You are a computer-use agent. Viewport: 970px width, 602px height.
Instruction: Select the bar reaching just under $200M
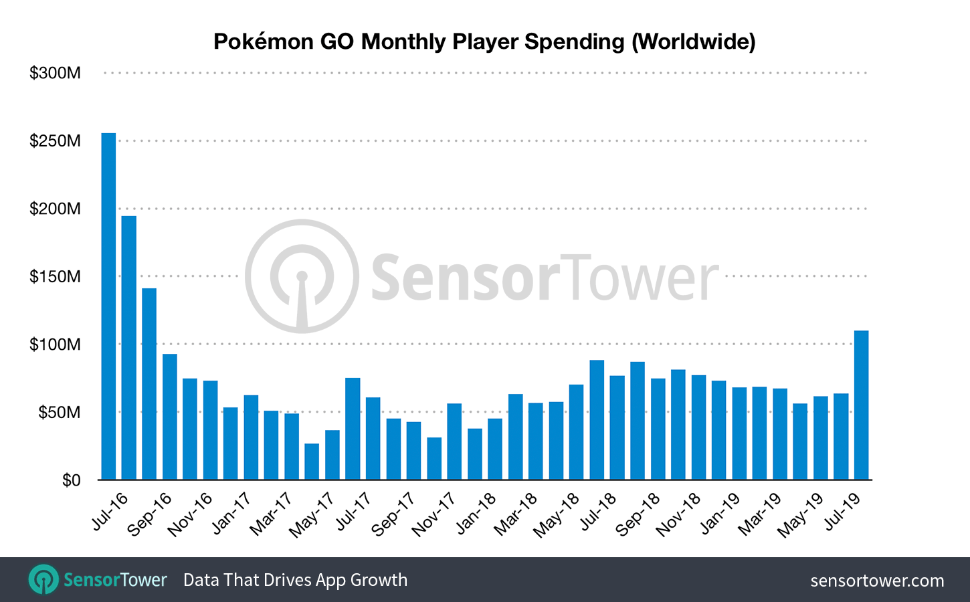[129, 348]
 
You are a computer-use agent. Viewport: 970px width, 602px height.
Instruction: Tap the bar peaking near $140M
[149, 384]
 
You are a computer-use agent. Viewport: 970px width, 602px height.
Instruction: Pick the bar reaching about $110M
[861, 405]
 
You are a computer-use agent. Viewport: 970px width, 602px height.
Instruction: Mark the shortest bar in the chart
[312, 462]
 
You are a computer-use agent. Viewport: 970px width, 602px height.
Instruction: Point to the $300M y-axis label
[55, 73]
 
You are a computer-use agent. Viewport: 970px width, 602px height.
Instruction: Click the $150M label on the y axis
[55, 276]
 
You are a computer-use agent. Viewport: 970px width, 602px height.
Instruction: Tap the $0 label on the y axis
[71, 480]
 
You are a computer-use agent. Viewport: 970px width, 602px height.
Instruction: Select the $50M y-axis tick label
[59, 412]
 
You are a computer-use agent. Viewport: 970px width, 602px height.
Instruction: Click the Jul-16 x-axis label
[109, 512]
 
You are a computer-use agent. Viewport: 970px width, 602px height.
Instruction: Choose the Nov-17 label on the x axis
[433, 515]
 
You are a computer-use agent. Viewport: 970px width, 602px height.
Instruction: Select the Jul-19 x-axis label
[842, 512]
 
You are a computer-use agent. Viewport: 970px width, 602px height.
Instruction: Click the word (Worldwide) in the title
[693, 41]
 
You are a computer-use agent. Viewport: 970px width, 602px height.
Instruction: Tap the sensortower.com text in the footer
[877, 581]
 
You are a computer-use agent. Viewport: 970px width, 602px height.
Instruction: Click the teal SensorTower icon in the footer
[43, 579]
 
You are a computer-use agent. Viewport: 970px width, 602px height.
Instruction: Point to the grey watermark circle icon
[302, 276]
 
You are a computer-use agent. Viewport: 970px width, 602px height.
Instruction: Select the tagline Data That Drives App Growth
[295, 580]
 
